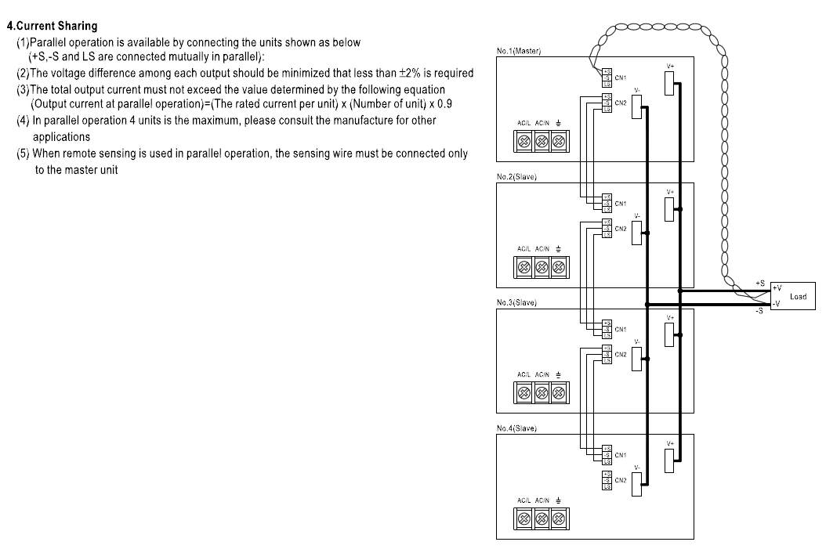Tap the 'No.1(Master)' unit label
(519, 51)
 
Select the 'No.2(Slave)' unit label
(516, 177)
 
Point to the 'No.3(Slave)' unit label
(516, 303)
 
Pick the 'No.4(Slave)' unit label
(516, 428)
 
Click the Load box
(793, 296)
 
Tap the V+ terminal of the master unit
(669, 83)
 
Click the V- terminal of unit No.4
(636, 485)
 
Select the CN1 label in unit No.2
(621, 204)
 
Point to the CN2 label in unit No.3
(621, 355)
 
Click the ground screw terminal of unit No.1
(559, 142)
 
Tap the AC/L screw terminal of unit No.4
(523, 518)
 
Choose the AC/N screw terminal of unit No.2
(541, 268)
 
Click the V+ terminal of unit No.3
(669, 334)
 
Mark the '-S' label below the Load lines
(759, 312)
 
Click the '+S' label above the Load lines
(760, 282)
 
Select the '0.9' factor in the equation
(444, 103)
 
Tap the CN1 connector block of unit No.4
(607, 455)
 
